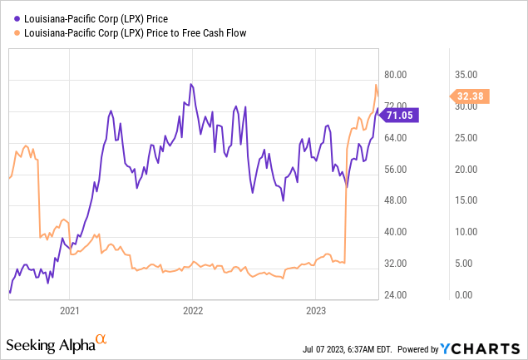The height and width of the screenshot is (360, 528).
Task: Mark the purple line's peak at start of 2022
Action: (x=191, y=84)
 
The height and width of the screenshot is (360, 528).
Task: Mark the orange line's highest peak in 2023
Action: (x=376, y=86)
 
